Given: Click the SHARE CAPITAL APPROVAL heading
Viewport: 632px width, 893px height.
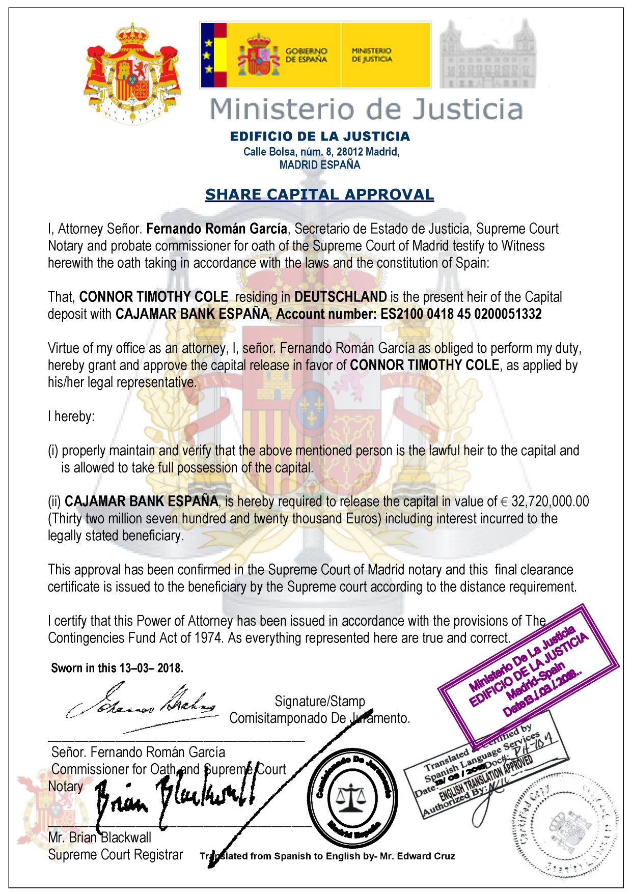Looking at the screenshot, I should [319, 194].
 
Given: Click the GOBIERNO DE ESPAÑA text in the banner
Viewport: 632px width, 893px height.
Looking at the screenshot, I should [306, 55].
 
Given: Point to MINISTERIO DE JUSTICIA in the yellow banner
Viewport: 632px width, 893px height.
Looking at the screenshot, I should [372, 55].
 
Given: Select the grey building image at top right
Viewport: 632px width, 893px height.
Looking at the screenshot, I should [487, 55].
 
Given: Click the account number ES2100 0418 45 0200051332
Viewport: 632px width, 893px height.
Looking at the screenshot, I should [461, 314].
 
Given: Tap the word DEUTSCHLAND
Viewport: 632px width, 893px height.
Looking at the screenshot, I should [340, 297].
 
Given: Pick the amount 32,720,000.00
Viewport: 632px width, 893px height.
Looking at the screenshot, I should [550, 501].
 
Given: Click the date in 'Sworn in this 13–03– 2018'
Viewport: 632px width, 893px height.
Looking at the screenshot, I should [151, 668].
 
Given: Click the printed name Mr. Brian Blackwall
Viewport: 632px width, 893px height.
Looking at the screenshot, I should [100, 838].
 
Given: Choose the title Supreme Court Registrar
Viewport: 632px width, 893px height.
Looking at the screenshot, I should [115, 855].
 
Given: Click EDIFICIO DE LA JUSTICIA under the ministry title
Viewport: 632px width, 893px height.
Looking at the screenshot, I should [320, 136].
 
